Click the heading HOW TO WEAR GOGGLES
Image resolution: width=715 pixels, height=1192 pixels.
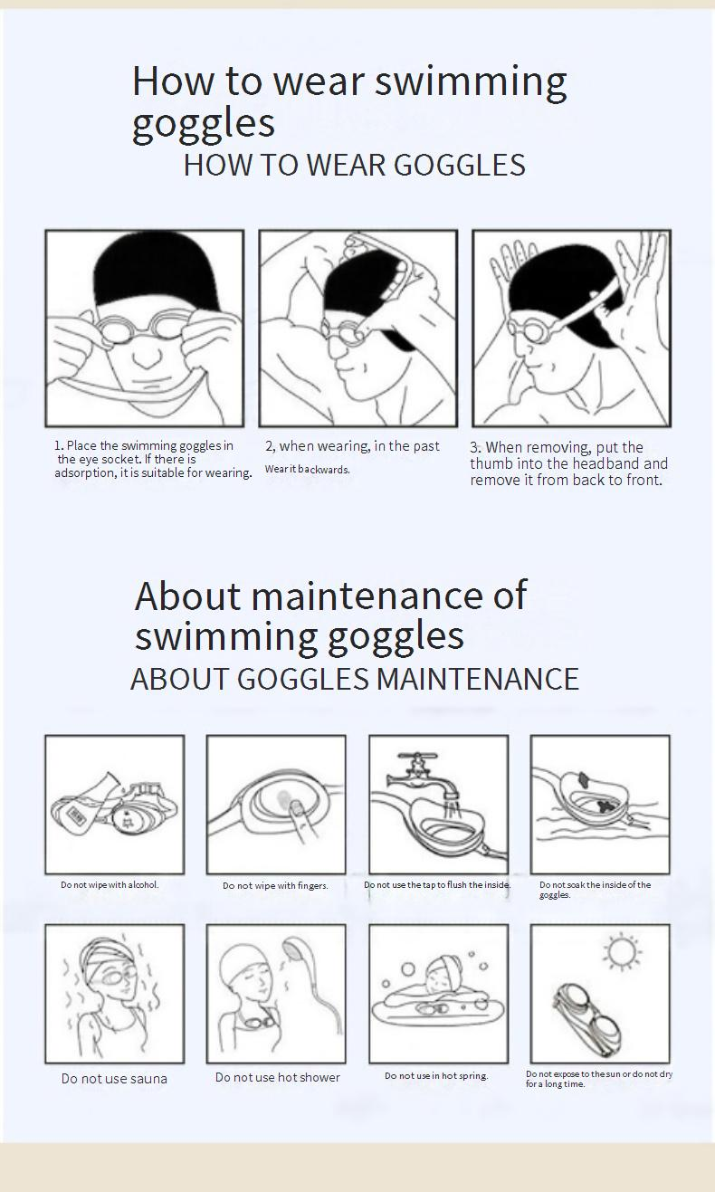click(354, 165)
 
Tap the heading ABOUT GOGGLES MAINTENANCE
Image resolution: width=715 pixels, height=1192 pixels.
click(355, 679)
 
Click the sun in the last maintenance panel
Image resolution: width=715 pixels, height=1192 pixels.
click(622, 950)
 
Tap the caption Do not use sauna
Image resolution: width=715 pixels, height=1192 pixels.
click(114, 1079)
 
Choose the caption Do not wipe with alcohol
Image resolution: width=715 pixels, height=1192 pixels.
click(110, 884)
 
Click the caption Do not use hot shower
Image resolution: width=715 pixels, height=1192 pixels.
click(278, 1077)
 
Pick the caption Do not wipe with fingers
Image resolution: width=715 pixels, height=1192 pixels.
click(275, 885)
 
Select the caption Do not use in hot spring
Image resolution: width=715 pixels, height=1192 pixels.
click(436, 1075)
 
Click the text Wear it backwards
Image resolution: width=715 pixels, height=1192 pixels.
click(308, 470)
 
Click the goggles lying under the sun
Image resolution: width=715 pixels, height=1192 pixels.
click(587, 1020)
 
